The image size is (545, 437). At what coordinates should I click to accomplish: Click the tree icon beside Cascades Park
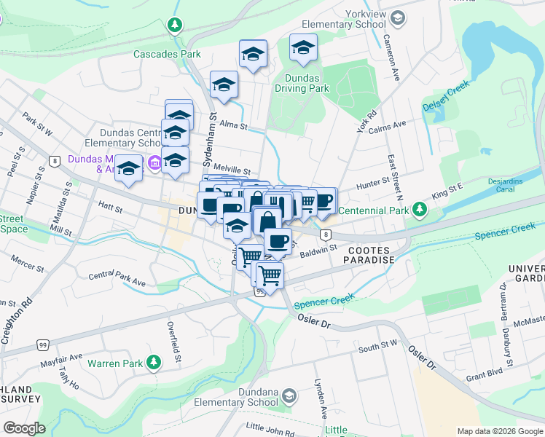174,26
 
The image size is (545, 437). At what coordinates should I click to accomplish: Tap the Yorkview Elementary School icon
398,17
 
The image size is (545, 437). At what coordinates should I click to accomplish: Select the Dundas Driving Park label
302,82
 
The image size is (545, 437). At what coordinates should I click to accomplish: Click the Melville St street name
233,168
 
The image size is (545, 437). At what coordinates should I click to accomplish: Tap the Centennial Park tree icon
419,211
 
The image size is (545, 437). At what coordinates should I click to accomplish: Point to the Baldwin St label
318,248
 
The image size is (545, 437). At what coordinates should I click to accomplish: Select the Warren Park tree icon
154,362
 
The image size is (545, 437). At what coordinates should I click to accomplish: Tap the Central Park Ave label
117,279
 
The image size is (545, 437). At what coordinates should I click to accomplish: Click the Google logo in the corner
24,428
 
